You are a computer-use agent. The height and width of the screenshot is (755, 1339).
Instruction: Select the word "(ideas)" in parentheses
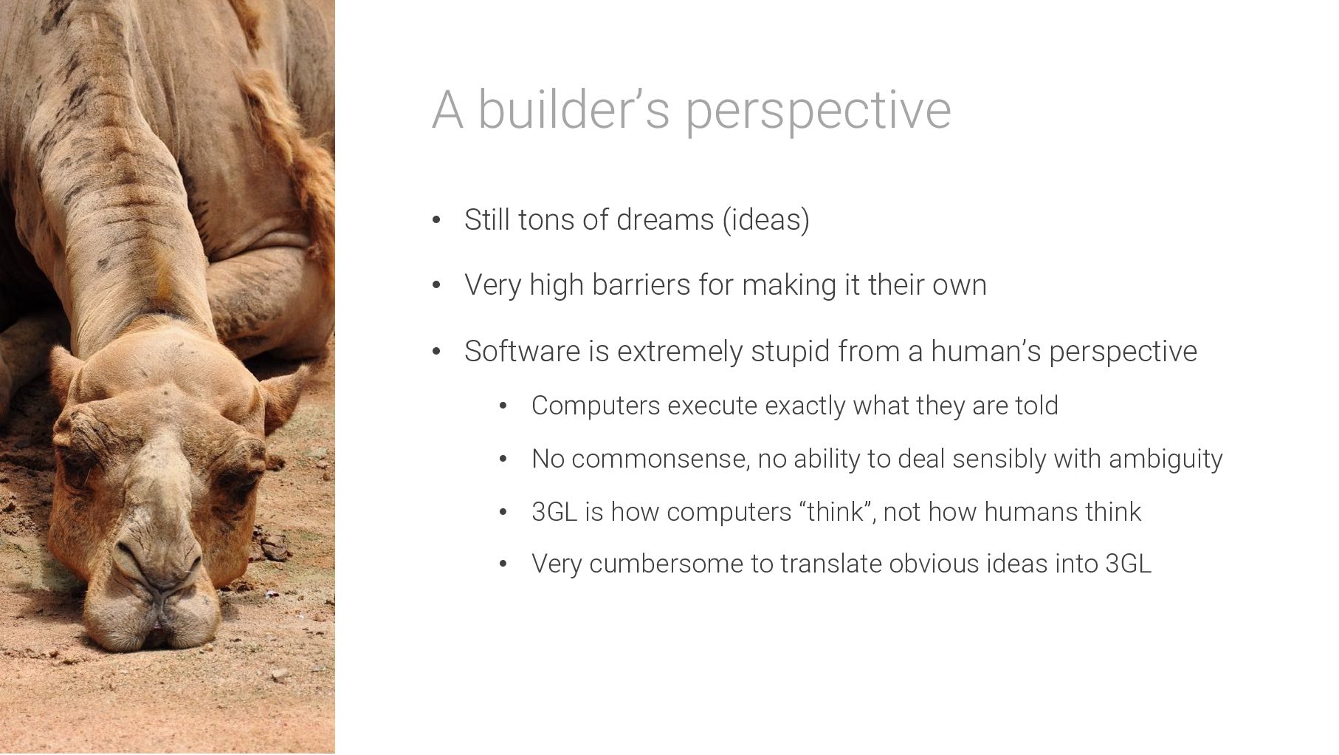pyautogui.click(x=765, y=220)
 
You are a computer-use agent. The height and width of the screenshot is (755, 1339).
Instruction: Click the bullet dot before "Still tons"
pyautogui.click(x=436, y=220)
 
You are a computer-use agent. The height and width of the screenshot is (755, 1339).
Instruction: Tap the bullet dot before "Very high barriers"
pyautogui.click(x=436, y=285)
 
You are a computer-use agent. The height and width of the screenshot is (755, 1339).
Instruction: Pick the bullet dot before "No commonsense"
pyautogui.click(x=503, y=460)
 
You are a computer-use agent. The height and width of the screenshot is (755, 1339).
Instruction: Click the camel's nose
pyautogui.click(x=159, y=561)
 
